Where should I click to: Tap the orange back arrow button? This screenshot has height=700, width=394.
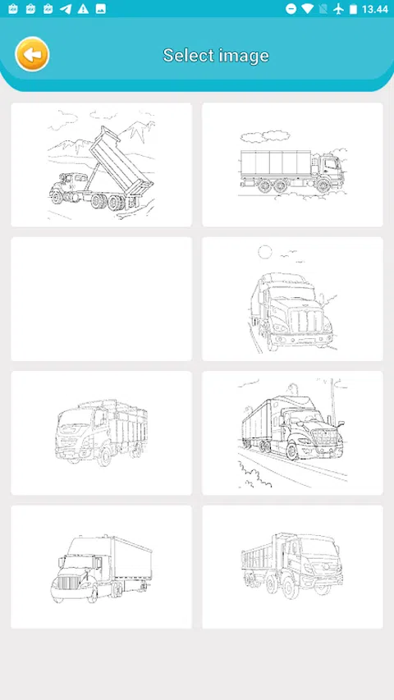pos(32,54)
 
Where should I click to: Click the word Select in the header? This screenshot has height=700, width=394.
pos(186,55)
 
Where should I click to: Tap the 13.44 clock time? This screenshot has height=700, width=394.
pos(375,9)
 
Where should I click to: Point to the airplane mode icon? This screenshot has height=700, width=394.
pos(339,9)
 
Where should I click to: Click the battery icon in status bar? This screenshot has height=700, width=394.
pos(353,9)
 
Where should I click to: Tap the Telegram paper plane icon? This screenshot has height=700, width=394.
pos(66,9)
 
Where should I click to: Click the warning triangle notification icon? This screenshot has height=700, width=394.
pos(83,9)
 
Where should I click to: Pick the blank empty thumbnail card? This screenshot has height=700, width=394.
pos(102,299)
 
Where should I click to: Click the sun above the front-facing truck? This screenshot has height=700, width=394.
pos(265,252)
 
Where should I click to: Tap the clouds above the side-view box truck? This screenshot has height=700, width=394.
pos(264,136)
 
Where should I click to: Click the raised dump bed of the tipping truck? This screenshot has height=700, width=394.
pos(121,162)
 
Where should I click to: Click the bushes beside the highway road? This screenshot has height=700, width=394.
pos(254,474)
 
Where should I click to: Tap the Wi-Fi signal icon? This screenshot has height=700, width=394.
pos(307,9)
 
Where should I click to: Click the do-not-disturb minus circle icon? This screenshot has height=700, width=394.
pos(291,9)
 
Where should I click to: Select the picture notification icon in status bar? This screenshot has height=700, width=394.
pos(101,9)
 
